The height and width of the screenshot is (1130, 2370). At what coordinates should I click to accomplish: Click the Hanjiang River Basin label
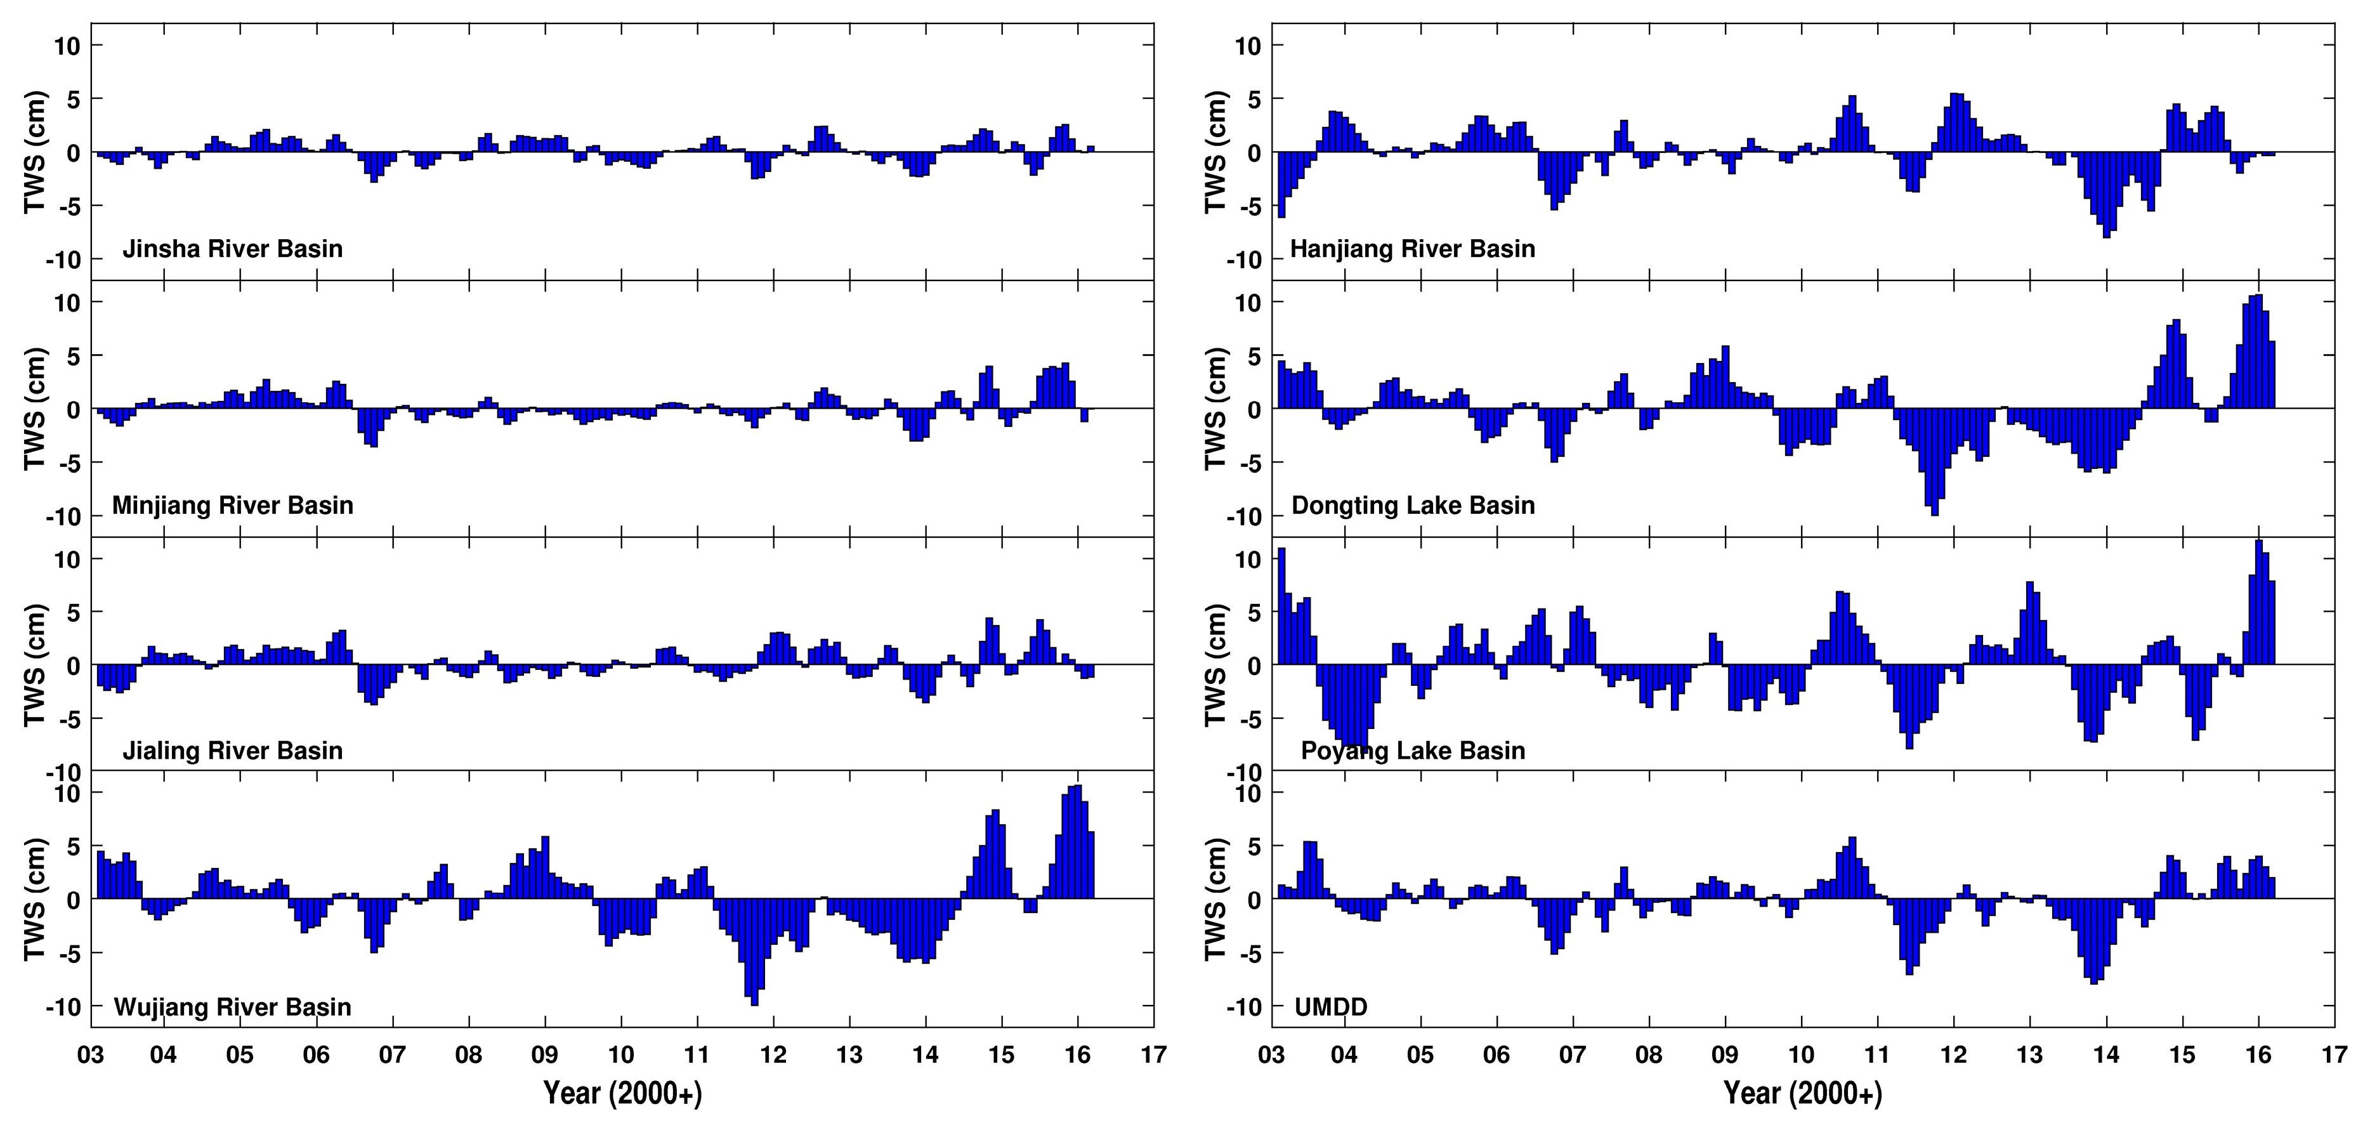click(x=1412, y=249)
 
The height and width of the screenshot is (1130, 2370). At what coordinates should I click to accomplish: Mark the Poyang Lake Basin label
click(x=1412, y=751)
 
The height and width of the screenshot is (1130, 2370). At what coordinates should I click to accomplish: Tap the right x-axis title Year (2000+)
click(x=1802, y=1093)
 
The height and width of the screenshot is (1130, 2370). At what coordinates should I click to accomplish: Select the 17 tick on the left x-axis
click(x=1153, y=1054)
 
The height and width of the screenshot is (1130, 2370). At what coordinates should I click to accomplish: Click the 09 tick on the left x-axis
click(x=545, y=1054)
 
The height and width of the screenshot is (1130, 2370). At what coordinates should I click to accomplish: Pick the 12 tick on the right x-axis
click(x=1954, y=1054)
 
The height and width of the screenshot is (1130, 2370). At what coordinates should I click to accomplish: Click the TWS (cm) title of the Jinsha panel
click(x=35, y=152)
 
